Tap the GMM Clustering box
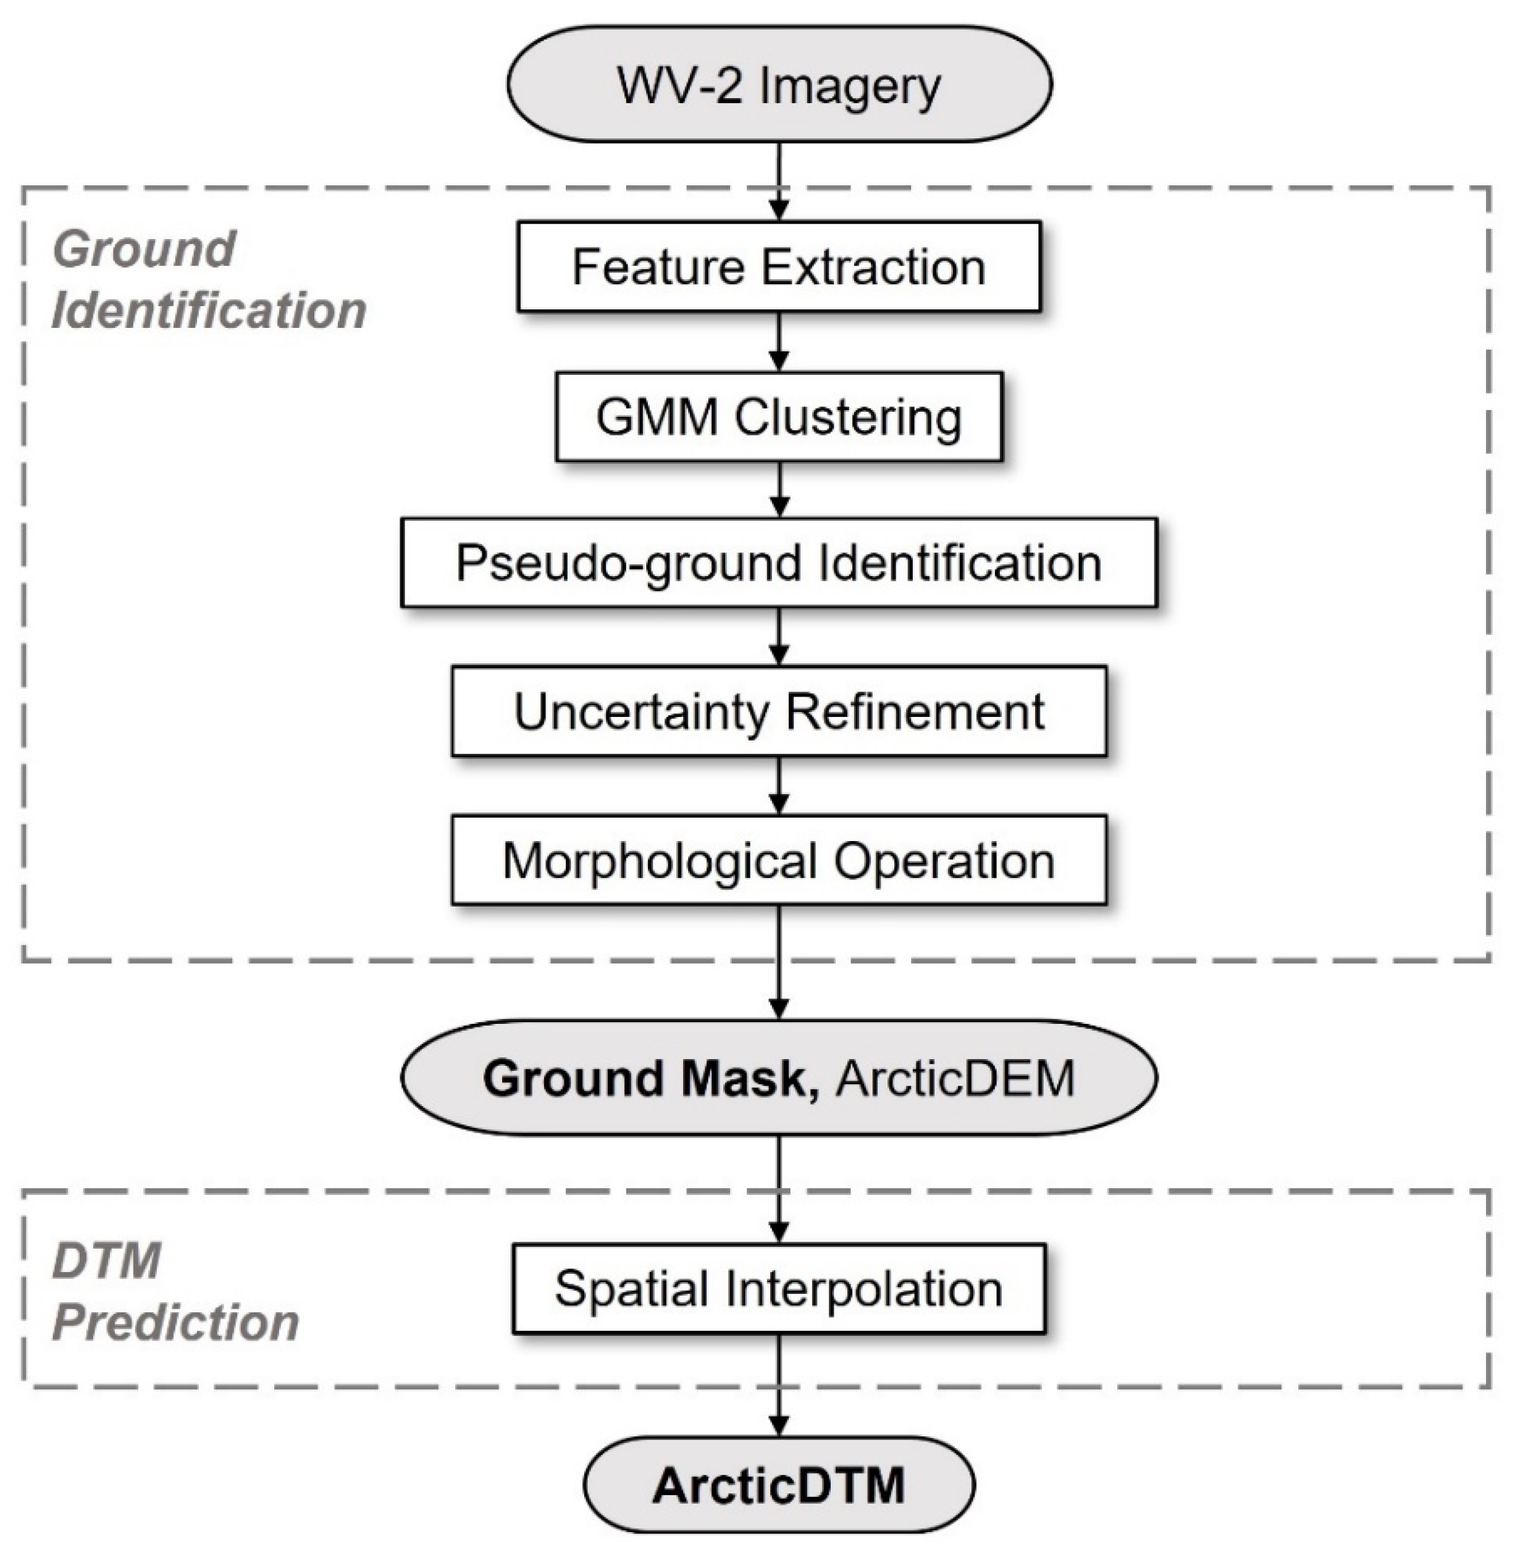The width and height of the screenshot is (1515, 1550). pos(779,416)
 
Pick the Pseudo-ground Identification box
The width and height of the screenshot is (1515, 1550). pos(779,563)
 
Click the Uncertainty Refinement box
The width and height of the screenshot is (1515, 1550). pos(779,711)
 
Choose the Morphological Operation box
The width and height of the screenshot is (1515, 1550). pos(779,860)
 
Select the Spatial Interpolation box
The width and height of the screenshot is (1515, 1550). pos(779,1288)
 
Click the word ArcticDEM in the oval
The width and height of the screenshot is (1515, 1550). pos(955,1078)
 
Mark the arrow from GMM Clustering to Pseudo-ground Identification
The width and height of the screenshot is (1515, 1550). pos(780,489)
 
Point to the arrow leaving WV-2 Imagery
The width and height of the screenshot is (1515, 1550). pos(780,182)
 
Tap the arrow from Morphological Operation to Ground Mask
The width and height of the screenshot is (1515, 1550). pos(780,961)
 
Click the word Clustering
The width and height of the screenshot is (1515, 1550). pos(847,417)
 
